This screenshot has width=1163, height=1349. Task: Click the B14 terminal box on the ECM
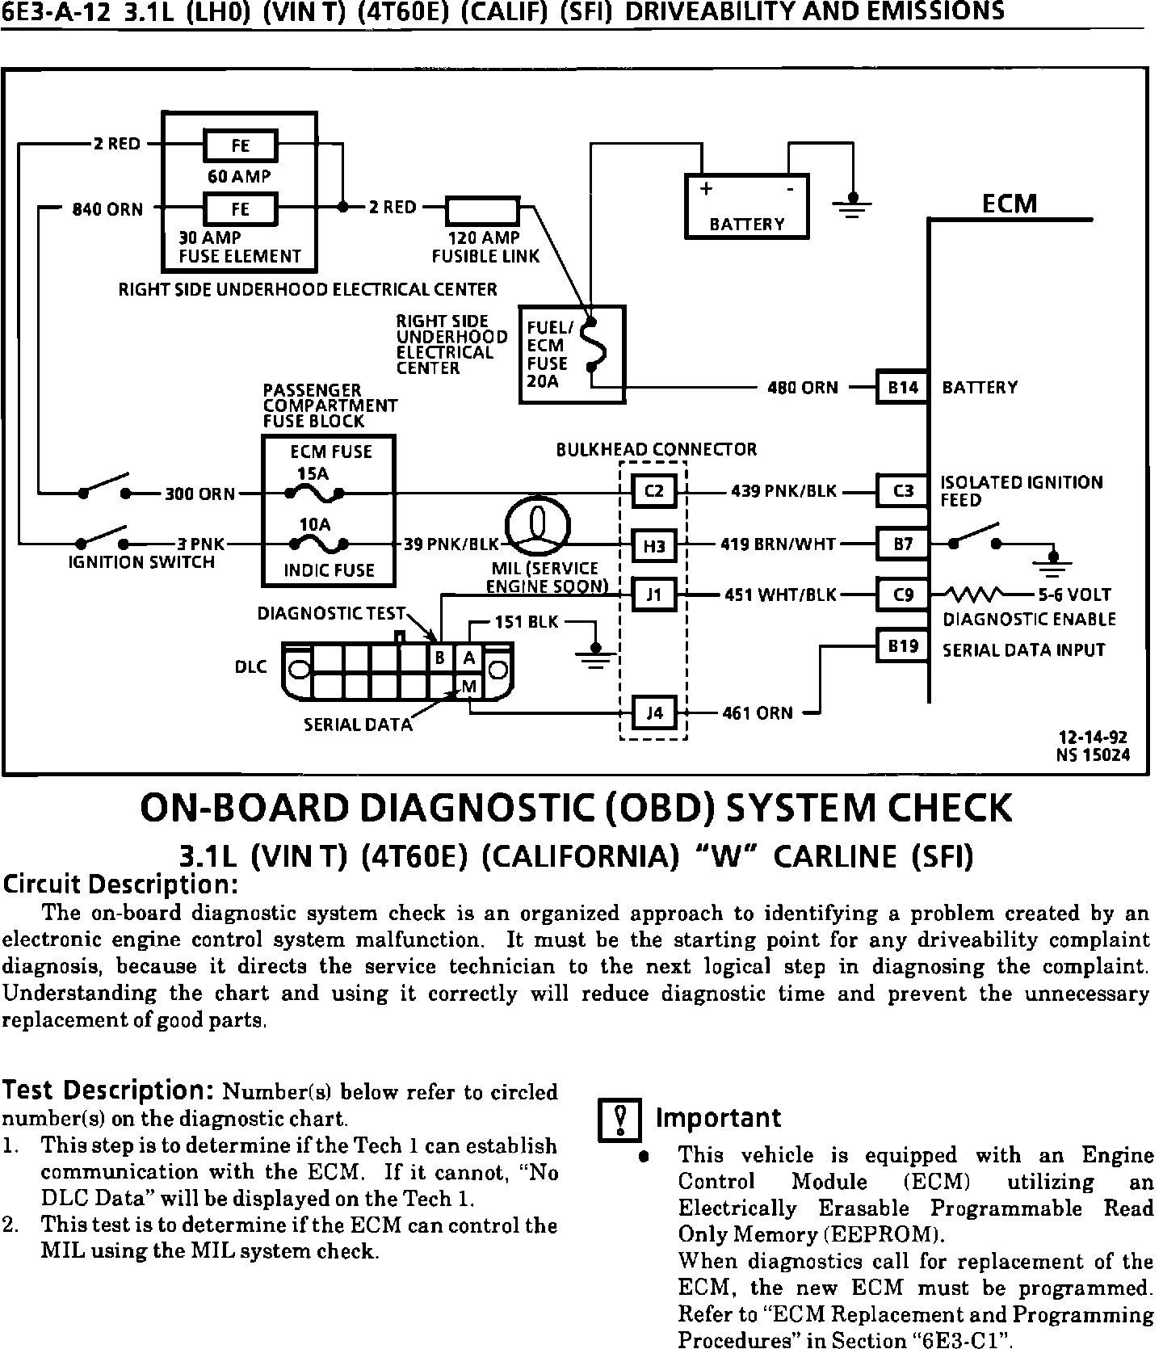point(903,388)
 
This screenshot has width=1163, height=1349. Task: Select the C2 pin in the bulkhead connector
point(653,491)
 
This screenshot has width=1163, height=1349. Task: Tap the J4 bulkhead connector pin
point(654,713)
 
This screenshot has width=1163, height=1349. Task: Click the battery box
point(746,206)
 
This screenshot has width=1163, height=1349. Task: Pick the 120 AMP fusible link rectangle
point(483,211)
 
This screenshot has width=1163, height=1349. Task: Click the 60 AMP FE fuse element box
point(241,146)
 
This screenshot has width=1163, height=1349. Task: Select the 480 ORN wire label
point(803,388)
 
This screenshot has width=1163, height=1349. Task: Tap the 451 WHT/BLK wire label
point(779,595)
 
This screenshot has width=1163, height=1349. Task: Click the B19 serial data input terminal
point(903,646)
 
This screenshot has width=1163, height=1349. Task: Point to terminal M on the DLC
point(468,687)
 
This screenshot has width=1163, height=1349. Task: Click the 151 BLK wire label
point(526,622)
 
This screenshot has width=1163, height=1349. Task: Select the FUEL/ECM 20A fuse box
point(572,354)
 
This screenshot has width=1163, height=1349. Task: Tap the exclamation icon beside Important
point(619,1120)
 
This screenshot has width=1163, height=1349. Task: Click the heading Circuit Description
point(120,885)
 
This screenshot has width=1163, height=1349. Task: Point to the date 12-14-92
point(1092,738)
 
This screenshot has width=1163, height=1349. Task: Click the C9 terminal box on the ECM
point(903,595)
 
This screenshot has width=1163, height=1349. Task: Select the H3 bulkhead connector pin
point(653,547)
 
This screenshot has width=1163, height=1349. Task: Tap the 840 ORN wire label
point(107,210)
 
